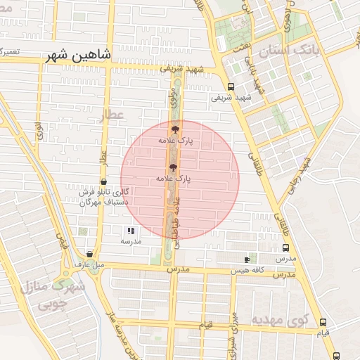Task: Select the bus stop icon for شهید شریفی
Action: pyautogui.click(x=231, y=86)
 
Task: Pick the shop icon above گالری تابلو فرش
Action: pyautogui.click(x=103, y=181)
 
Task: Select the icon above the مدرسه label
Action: pyautogui.click(x=130, y=231)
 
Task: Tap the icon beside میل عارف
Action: pyautogui.click(x=89, y=254)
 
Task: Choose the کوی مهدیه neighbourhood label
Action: pyautogui.click(x=281, y=321)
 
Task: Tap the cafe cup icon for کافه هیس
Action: pyautogui.click(x=247, y=259)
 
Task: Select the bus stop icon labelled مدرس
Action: pyautogui.click(x=285, y=247)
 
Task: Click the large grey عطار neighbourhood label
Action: pyautogui.click(x=112, y=116)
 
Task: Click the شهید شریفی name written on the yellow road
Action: pyautogui.click(x=181, y=69)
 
